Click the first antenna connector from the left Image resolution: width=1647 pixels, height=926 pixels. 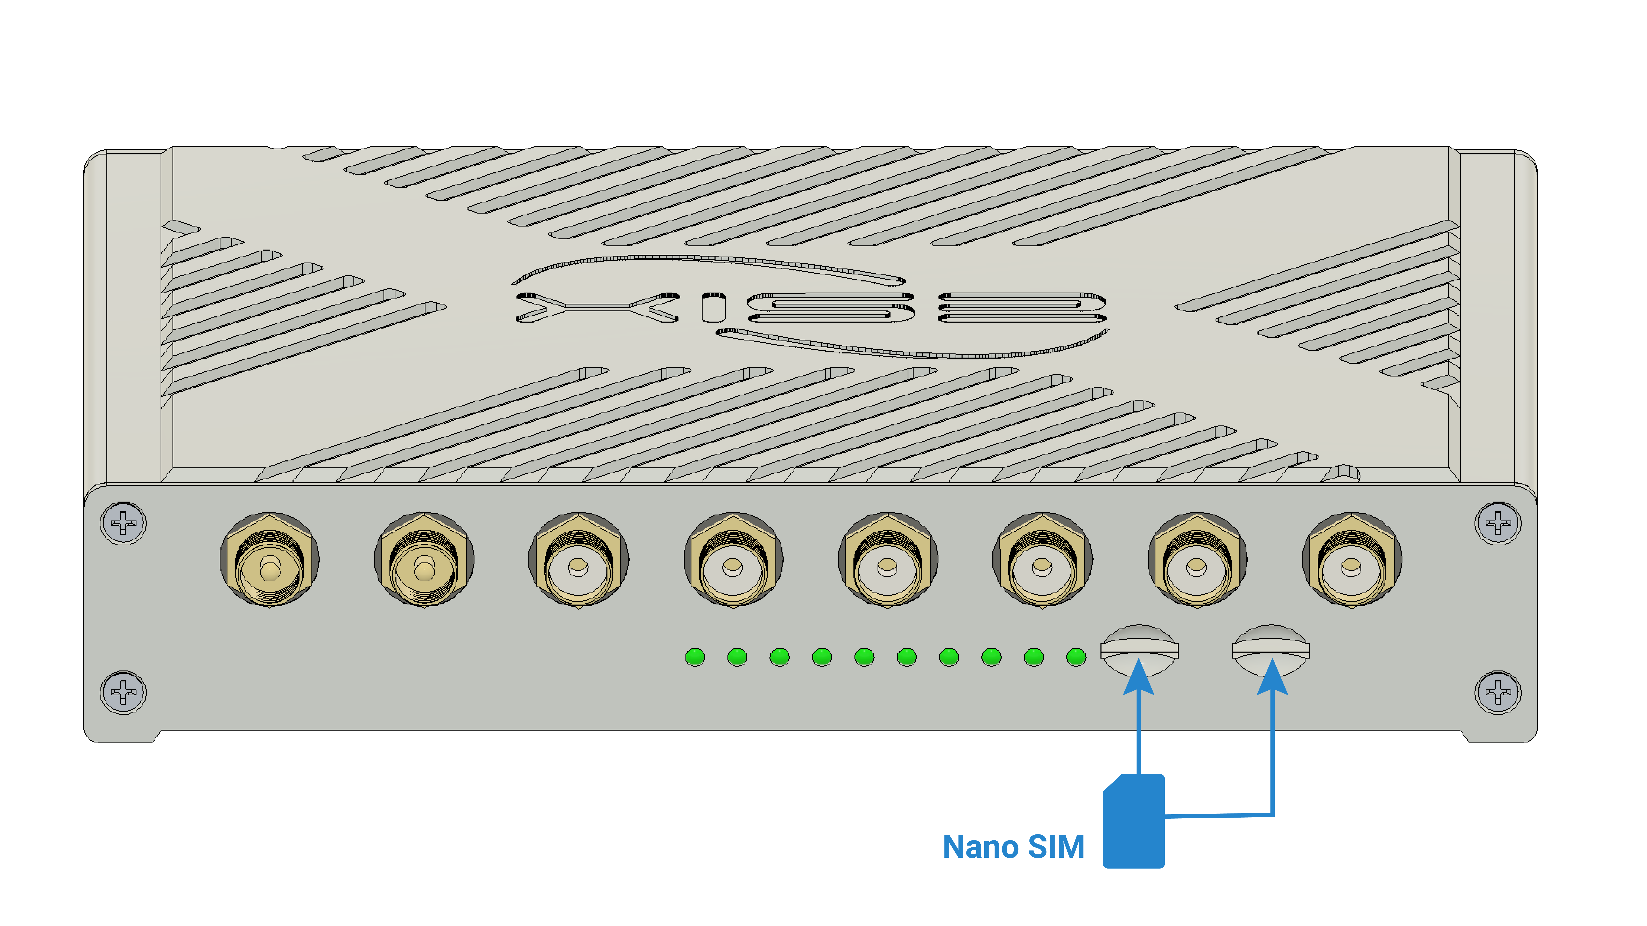pos(270,560)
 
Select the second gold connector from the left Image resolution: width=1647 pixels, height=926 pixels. pos(424,560)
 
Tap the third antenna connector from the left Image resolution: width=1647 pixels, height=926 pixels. pos(579,560)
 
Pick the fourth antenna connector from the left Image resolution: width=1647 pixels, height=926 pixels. pos(733,560)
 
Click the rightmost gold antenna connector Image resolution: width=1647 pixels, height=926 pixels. pos(1352,560)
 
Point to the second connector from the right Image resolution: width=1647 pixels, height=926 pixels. pos(1197,560)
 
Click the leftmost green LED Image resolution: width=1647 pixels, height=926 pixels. pos(695,657)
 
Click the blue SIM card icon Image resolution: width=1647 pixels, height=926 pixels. pos(1134,821)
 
